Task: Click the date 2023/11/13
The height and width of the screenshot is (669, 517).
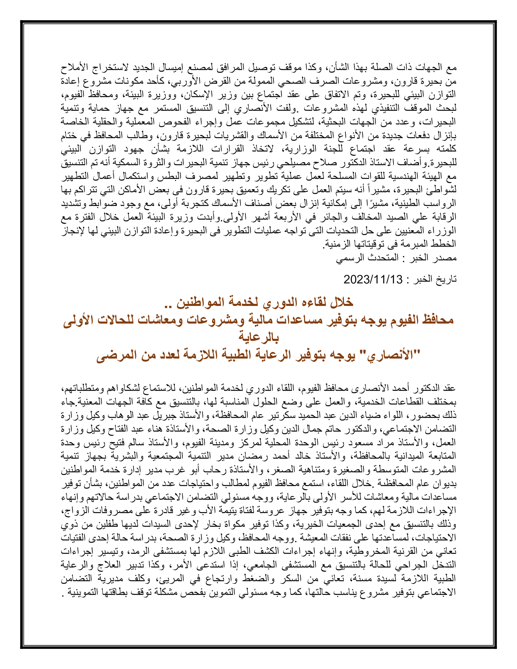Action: pos(373,279)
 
